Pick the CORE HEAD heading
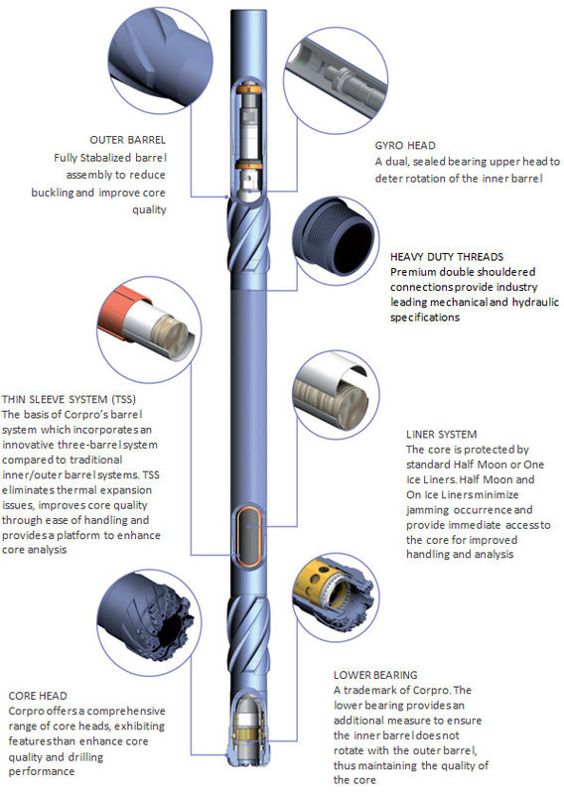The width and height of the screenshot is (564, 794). pyautogui.click(x=38, y=696)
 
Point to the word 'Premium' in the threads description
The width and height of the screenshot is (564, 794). pyautogui.click(x=415, y=272)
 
